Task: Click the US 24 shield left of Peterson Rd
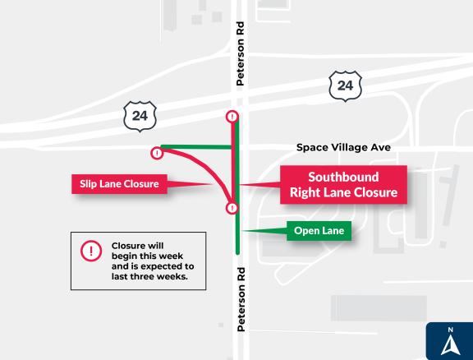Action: pyautogui.click(x=140, y=116)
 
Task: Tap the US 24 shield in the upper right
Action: pyautogui.click(x=345, y=85)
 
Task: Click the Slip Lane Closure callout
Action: pyautogui.click(x=119, y=183)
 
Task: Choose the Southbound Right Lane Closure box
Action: pyautogui.click(x=343, y=185)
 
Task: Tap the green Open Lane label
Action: pyautogui.click(x=319, y=230)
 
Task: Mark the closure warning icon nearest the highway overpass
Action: pyautogui.click(x=232, y=117)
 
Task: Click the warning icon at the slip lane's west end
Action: pyautogui.click(x=156, y=152)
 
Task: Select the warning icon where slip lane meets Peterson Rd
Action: pyautogui.click(x=232, y=209)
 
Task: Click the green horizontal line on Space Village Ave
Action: pyautogui.click(x=197, y=147)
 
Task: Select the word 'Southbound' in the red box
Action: pyautogui.click(x=343, y=177)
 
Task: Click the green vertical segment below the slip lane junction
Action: pyautogui.click(x=237, y=234)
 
